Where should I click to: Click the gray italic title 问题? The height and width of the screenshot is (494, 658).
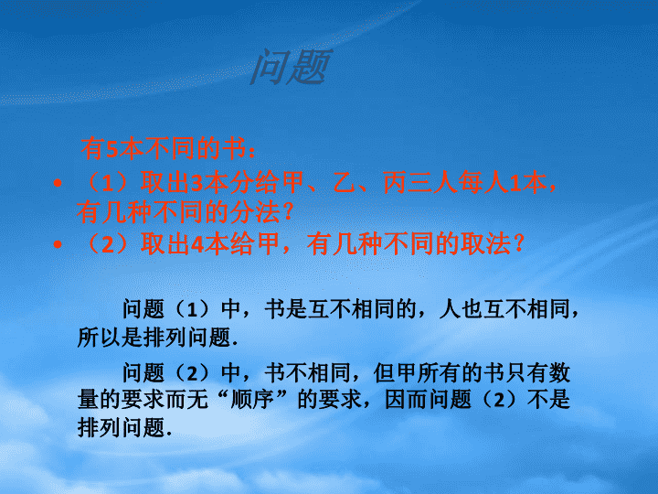pos(291,67)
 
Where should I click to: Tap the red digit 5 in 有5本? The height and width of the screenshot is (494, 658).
pos(112,149)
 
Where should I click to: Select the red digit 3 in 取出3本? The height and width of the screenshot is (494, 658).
pos(197,184)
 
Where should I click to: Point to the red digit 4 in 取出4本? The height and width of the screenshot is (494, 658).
pos(197,244)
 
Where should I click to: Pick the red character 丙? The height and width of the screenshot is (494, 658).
pos(395,184)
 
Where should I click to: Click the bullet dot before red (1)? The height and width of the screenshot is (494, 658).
pos(58,183)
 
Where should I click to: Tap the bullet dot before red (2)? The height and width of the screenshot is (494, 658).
pos(58,244)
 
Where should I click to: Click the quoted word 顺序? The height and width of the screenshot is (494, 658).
pos(252,399)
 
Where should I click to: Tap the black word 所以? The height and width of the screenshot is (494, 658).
pos(99,337)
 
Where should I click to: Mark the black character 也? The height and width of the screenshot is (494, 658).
pos(472,309)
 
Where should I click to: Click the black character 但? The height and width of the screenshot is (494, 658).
pos(385,373)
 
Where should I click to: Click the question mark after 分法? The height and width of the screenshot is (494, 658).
pos(288,212)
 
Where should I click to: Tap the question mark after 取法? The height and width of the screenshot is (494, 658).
pos(519,244)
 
